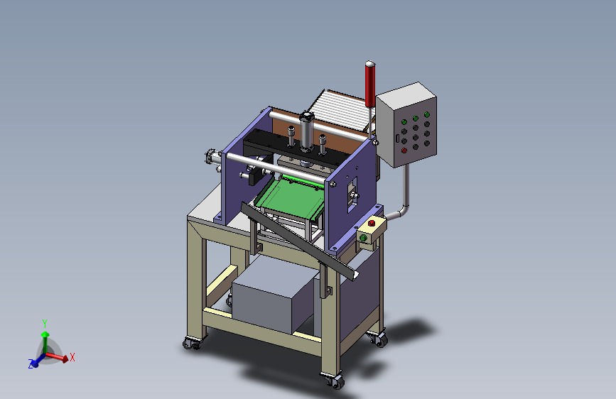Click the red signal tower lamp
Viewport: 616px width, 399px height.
(369, 84)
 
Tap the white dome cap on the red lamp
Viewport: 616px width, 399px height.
(369, 63)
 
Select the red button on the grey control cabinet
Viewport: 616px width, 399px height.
(404, 151)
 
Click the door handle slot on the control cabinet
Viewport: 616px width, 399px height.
(398, 138)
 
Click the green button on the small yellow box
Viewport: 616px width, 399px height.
(363, 238)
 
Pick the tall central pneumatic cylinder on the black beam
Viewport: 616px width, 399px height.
(306, 131)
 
